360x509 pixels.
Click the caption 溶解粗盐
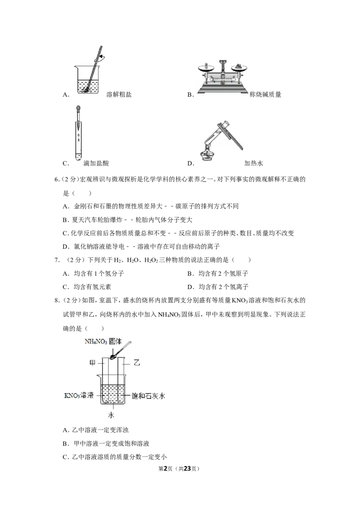(x=119, y=94)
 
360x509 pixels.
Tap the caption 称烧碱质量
(x=265, y=94)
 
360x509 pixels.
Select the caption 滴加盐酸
(x=96, y=163)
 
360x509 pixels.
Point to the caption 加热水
(x=253, y=163)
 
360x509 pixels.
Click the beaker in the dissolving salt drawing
(x=88, y=80)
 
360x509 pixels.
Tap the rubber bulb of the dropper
(x=78, y=109)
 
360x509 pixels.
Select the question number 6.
(x=57, y=179)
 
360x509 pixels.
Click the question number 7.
(x=57, y=260)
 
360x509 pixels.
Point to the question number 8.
(x=57, y=300)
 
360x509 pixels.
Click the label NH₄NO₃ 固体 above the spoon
(x=103, y=341)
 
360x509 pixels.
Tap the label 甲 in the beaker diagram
(x=93, y=362)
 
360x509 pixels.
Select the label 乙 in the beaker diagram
(x=137, y=362)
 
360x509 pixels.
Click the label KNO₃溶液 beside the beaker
(x=79, y=395)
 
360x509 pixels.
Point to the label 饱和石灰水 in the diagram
(x=148, y=396)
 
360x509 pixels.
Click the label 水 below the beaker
(x=111, y=415)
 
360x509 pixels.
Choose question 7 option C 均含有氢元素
(x=87, y=287)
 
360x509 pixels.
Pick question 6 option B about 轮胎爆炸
(x=127, y=220)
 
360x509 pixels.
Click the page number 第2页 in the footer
(x=166, y=469)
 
